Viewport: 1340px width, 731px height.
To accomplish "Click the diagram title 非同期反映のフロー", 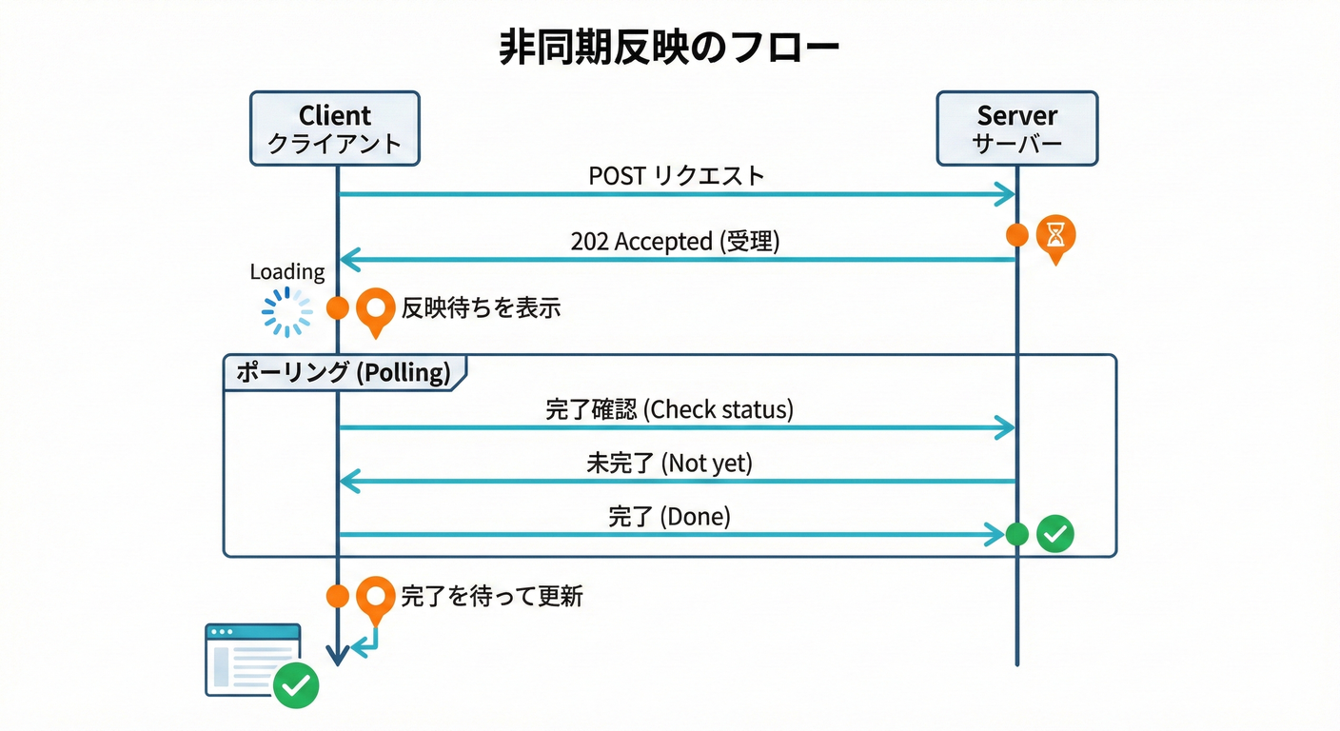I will pos(669,49).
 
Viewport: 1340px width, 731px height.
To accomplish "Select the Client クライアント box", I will pos(334,128).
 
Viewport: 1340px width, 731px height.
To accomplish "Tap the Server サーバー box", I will pos(1016,128).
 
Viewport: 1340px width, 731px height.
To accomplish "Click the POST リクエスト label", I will pos(676,176).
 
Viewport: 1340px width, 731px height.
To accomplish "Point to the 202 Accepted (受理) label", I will pos(675,242).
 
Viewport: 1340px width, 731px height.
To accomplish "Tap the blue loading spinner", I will pos(286,312).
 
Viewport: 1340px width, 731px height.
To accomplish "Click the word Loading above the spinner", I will pos(286,272).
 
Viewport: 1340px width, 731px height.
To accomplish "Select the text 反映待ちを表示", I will pos(481,307).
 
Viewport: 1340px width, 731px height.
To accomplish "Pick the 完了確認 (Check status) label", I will pos(669,410).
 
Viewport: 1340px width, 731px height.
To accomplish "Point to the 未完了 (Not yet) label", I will pos(669,464).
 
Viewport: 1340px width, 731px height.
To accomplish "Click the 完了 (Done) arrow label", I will pos(669,517).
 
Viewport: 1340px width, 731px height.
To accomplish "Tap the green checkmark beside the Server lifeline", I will pos(1054,534).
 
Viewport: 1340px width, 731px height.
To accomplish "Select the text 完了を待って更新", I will pos(492,597).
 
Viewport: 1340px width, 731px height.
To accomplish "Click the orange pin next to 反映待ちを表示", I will pos(376,308).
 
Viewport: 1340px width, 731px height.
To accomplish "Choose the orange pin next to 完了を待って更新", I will pos(376,598).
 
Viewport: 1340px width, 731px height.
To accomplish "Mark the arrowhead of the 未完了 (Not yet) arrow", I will pos(348,482).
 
